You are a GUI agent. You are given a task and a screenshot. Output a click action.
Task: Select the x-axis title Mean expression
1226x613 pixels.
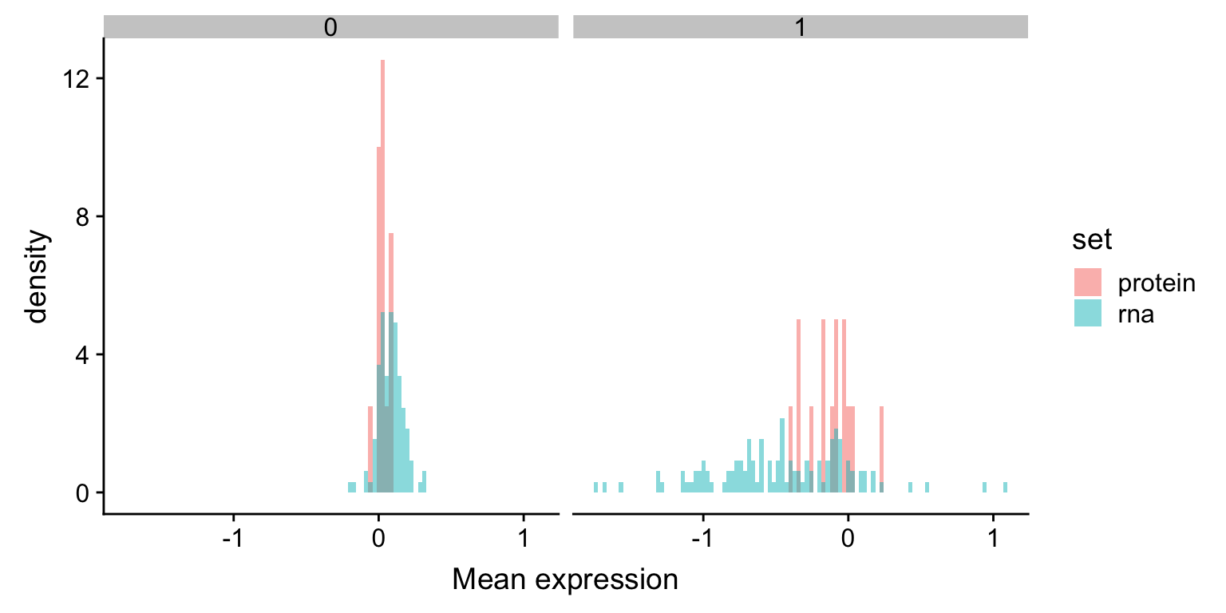tap(565, 579)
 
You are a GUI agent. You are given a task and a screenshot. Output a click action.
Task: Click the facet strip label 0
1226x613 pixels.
tap(330, 27)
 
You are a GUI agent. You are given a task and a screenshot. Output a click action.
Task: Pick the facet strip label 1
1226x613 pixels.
tap(800, 27)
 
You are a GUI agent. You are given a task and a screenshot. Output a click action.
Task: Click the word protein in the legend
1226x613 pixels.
tap(1157, 283)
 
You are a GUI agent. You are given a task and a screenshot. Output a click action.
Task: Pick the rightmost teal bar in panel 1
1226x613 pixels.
tap(1006, 487)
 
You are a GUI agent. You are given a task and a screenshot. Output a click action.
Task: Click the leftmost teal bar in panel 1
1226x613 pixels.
tap(595, 487)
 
